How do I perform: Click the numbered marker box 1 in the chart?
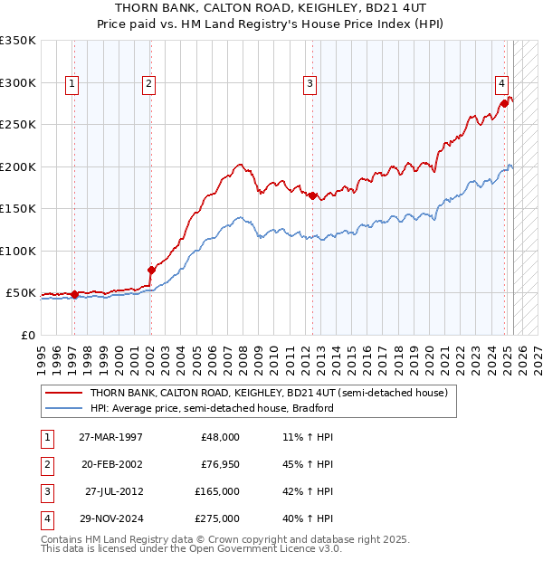pyautogui.click(x=71, y=84)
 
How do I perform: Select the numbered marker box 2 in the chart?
pyautogui.click(x=148, y=84)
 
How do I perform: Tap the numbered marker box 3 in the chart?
pyautogui.click(x=310, y=84)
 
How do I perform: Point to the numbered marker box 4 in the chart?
pyautogui.click(x=500, y=84)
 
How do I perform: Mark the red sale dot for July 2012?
pyautogui.click(x=312, y=195)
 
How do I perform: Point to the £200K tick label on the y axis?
pyautogui.click(x=18, y=166)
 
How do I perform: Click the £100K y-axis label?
pyautogui.click(x=18, y=251)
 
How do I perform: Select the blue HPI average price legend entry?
pyautogui.click(x=212, y=408)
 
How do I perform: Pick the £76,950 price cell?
pyautogui.click(x=219, y=465)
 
